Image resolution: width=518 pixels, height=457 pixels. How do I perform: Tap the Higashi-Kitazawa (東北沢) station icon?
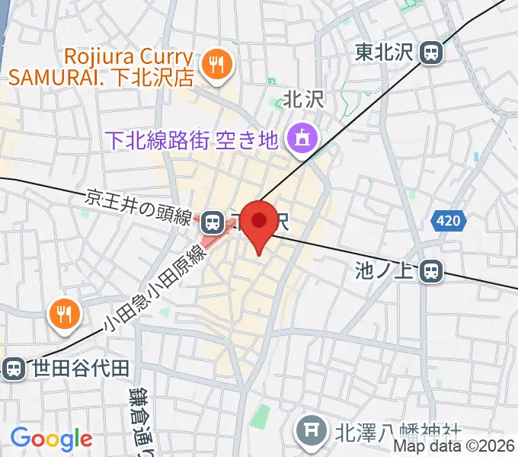[x=432, y=53]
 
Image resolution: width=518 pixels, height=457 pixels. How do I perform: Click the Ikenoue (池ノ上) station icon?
[x=432, y=270]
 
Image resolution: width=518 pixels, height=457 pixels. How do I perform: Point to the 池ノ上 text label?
[x=387, y=270]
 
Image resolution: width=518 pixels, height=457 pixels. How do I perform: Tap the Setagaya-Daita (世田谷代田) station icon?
[x=12, y=369]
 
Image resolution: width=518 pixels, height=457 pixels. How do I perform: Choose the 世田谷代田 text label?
[x=82, y=369]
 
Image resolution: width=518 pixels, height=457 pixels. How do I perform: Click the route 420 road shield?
[x=449, y=222]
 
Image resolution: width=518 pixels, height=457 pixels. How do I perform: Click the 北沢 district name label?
[x=304, y=99]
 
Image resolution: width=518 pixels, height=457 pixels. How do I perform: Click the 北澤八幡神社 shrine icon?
[x=311, y=430]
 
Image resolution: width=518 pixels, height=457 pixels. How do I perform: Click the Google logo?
[x=51, y=439]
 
